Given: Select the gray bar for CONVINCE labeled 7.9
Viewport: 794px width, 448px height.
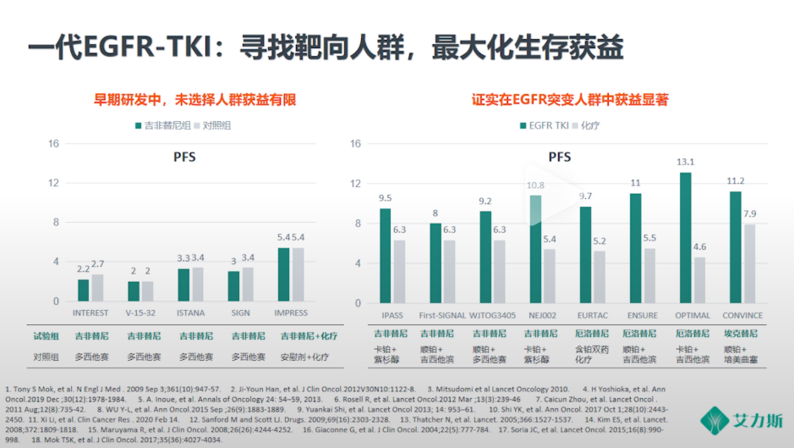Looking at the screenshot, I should tap(749, 263).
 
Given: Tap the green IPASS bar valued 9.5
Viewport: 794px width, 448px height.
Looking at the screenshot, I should tap(385, 256).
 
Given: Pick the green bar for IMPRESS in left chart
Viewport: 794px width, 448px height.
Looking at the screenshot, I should tap(283, 274).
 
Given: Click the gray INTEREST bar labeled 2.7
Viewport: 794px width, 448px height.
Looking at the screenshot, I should tap(97, 288).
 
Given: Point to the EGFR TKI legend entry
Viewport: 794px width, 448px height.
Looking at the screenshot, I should tap(542, 125).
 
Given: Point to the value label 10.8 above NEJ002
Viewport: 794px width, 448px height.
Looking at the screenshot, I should tap(535, 185).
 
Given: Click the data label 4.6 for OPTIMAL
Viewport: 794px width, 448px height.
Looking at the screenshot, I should tap(700, 247).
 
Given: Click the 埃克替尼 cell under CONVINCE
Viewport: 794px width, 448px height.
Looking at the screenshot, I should tap(744, 334).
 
